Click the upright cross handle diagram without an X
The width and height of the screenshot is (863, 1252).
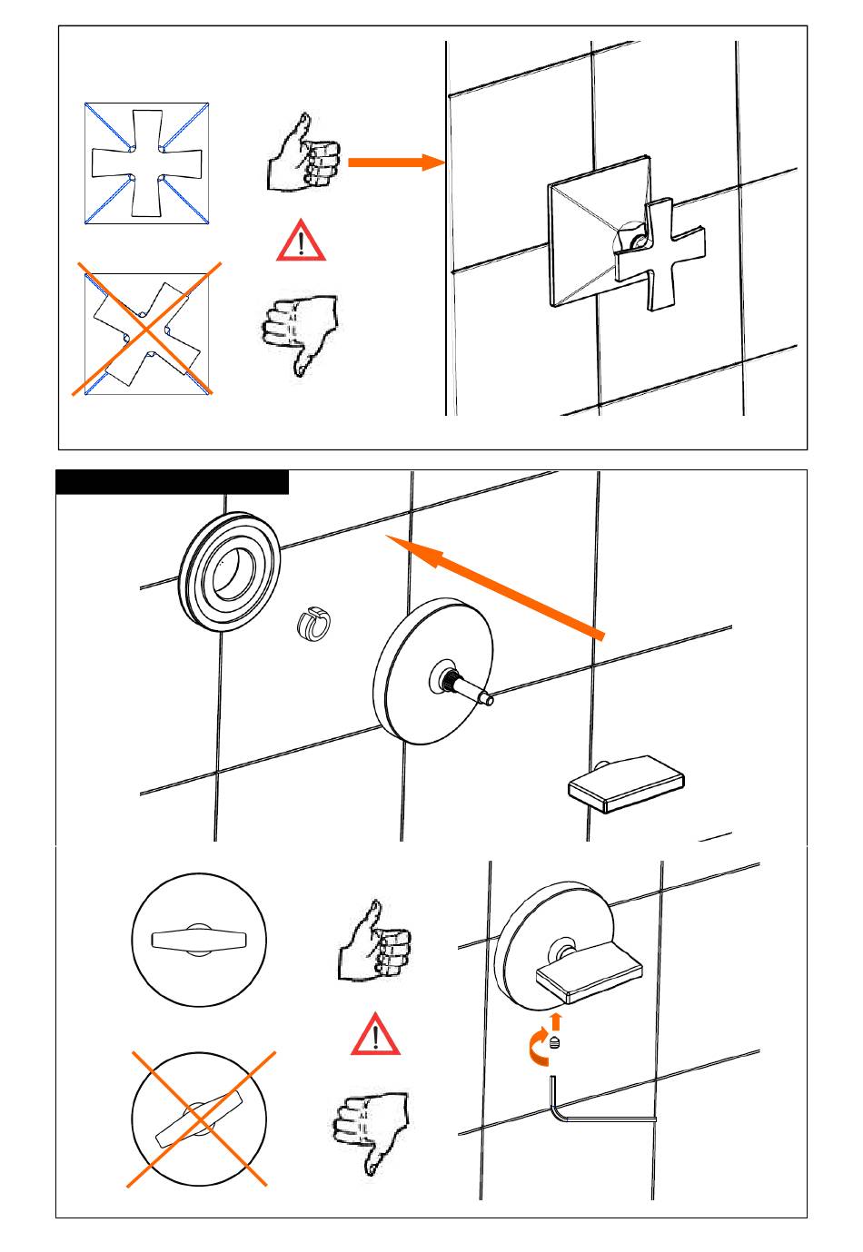[147, 163]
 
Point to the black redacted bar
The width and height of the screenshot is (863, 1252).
[173, 482]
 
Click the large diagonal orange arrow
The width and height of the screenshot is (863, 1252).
[495, 585]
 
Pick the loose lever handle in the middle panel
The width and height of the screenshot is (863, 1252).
[626, 782]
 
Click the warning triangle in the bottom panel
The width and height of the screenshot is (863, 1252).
[375, 1037]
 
